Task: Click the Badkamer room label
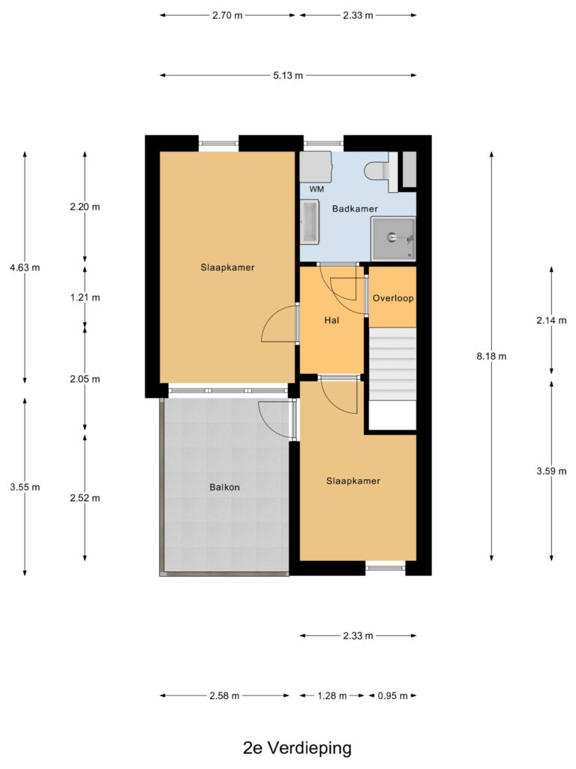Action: (355, 209)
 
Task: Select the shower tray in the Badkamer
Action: (393, 239)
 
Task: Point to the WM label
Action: (316, 188)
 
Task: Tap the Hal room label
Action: (331, 321)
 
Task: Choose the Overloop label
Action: (393, 298)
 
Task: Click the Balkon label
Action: (225, 487)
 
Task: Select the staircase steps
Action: (391, 364)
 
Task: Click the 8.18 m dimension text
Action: (491, 357)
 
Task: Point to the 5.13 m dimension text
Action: (288, 76)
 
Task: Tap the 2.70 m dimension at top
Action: (227, 15)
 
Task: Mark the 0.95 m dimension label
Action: (392, 696)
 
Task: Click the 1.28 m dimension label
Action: (332, 696)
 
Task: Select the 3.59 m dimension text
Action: (551, 472)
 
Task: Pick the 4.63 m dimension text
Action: (25, 268)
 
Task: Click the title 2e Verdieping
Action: (297, 748)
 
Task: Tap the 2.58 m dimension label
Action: (224, 696)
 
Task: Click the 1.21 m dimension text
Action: (85, 297)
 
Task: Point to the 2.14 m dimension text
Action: (551, 321)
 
